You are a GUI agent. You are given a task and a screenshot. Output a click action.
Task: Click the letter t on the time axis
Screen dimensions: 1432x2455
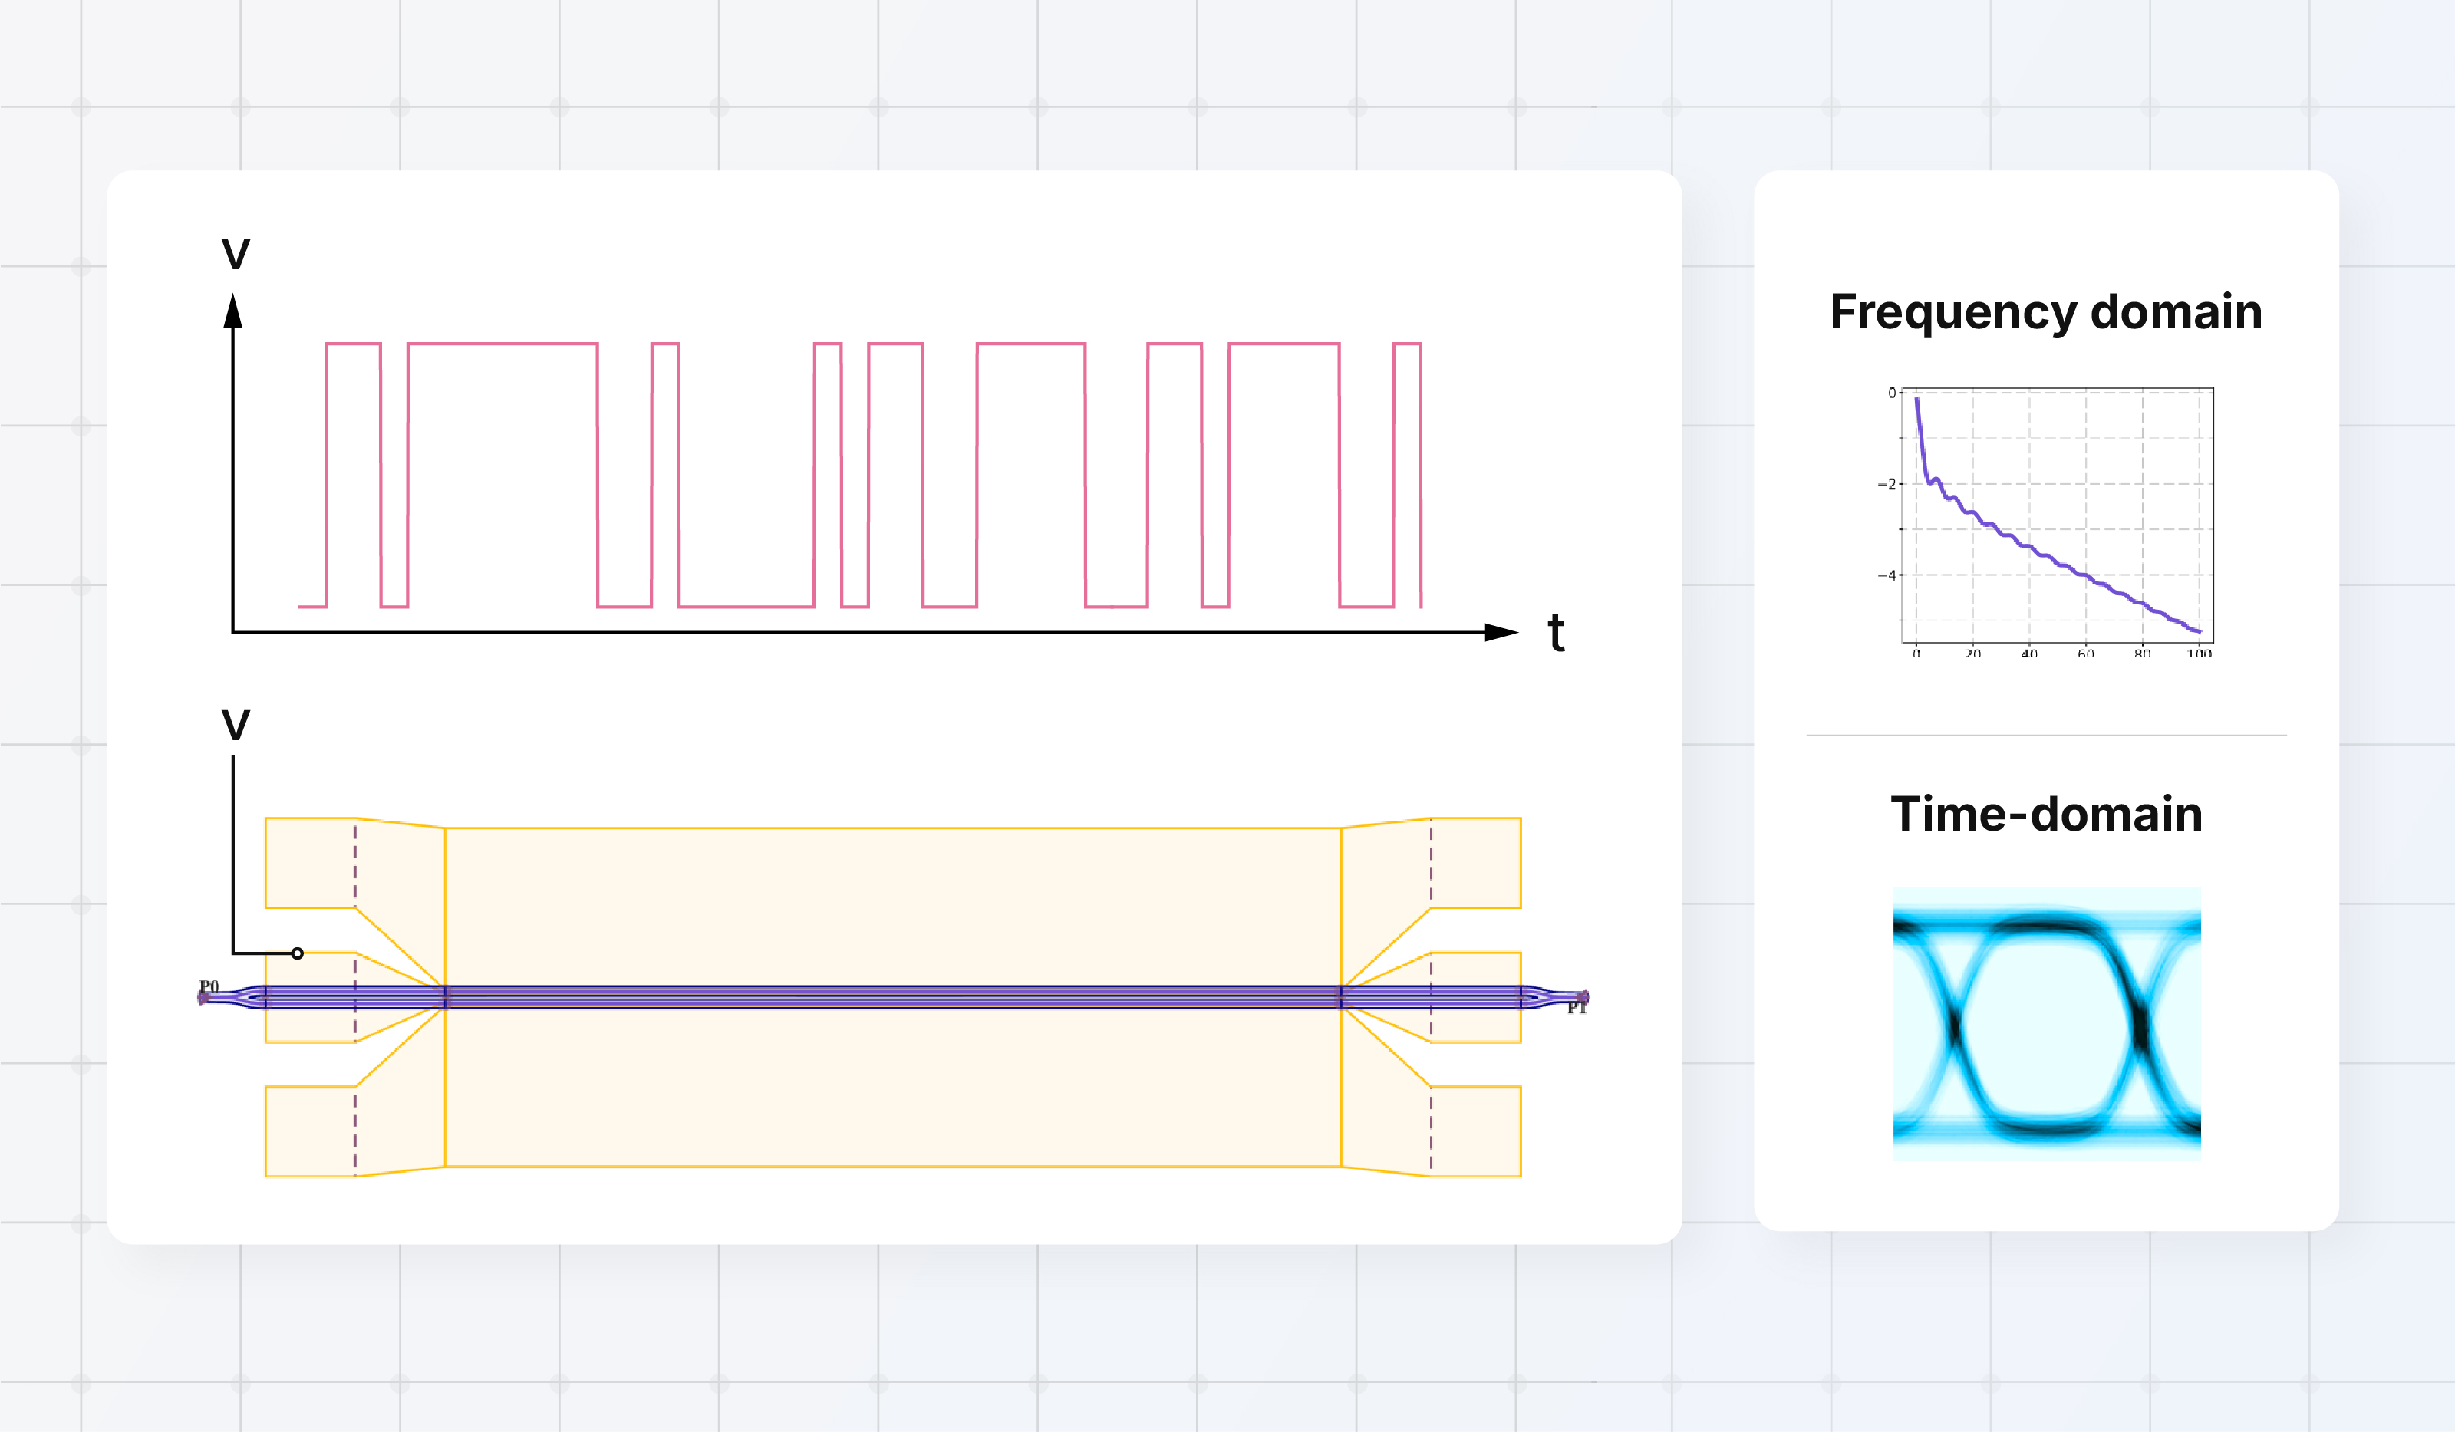pyautogui.click(x=1556, y=634)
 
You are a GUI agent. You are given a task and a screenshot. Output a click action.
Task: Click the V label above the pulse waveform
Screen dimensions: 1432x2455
pyautogui.click(x=236, y=255)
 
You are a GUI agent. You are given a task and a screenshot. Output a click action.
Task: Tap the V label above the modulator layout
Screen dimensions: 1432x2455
pyautogui.click(x=236, y=726)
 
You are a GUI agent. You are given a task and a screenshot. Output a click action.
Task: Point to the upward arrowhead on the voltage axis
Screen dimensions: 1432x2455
pyautogui.click(x=232, y=311)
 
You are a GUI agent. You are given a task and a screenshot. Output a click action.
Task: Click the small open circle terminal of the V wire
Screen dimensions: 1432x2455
pyautogui.click(x=297, y=953)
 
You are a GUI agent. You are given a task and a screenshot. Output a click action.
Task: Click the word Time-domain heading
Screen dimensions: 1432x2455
pyautogui.click(x=2046, y=815)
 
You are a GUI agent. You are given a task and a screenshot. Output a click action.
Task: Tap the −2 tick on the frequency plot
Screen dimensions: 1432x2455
pyautogui.click(x=1887, y=484)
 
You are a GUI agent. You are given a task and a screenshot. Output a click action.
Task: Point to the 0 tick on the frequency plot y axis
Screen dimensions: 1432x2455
pyautogui.click(x=1892, y=393)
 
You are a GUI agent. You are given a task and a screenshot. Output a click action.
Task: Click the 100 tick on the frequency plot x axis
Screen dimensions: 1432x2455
pyautogui.click(x=2199, y=653)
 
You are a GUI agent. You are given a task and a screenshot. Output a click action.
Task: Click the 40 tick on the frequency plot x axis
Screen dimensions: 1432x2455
pyautogui.click(x=2029, y=653)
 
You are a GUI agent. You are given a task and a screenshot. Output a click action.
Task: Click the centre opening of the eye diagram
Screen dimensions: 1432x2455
pyautogui.click(x=2046, y=1025)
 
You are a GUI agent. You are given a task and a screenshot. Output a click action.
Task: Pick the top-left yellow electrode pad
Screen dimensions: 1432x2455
pyautogui.click(x=310, y=862)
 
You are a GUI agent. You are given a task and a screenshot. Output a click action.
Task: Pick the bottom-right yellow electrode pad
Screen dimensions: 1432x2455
pyautogui.click(x=1476, y=1131)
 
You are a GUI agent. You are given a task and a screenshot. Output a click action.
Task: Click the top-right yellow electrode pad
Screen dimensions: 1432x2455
pyautogui.click(x=1476, y=862)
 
